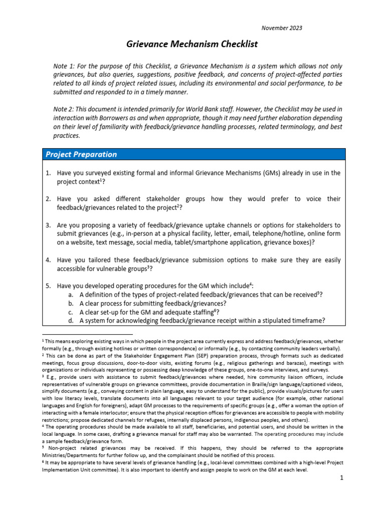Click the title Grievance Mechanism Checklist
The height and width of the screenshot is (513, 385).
pos(192,44)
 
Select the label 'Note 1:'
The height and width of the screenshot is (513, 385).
pos(65,67)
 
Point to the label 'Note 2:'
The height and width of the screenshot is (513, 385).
pos(65,109)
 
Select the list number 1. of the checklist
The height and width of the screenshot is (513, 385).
pos(49,173)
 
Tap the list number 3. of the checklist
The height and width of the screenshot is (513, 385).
pos(49,225)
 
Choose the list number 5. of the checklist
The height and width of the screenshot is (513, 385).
pos(49,286)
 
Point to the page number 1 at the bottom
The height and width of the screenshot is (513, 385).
pos(341,478)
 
